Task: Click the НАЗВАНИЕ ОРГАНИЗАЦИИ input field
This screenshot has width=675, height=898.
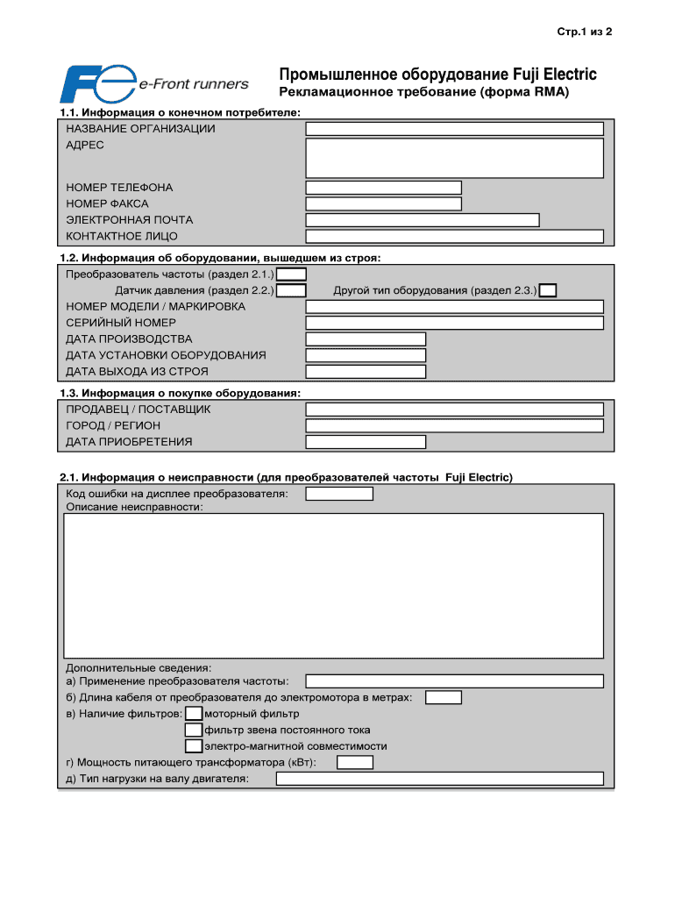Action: coord(454,129)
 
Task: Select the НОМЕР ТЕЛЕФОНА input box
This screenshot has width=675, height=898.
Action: coord(383,188)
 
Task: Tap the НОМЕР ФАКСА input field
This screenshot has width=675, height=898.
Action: coord(383,204)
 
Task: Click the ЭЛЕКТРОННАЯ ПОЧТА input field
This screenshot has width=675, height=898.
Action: coord(422,220)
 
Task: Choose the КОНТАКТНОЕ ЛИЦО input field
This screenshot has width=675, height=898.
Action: coord(454,237)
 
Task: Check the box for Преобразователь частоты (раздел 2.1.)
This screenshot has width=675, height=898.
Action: coord(291,274)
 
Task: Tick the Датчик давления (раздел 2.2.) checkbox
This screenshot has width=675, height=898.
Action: coord(291,290)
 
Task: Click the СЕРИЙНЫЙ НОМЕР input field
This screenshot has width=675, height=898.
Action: coord(454,323)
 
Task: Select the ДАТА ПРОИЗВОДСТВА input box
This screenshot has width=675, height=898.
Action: coord(366,339)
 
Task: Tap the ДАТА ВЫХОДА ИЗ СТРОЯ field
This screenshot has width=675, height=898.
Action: coord(366,372)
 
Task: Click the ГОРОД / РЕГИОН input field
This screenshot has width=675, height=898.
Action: coord(454,426)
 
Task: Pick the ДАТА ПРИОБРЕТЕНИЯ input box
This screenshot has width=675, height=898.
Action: coord(366,442)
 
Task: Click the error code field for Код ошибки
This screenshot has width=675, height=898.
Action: coord(339,494)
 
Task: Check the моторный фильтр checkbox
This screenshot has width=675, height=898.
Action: coord(194,714)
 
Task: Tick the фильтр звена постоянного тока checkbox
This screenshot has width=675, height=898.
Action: coord(194,730)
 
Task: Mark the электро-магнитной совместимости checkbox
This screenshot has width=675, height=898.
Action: coord(194,746)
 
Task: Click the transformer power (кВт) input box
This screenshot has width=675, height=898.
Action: coord(355,763)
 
